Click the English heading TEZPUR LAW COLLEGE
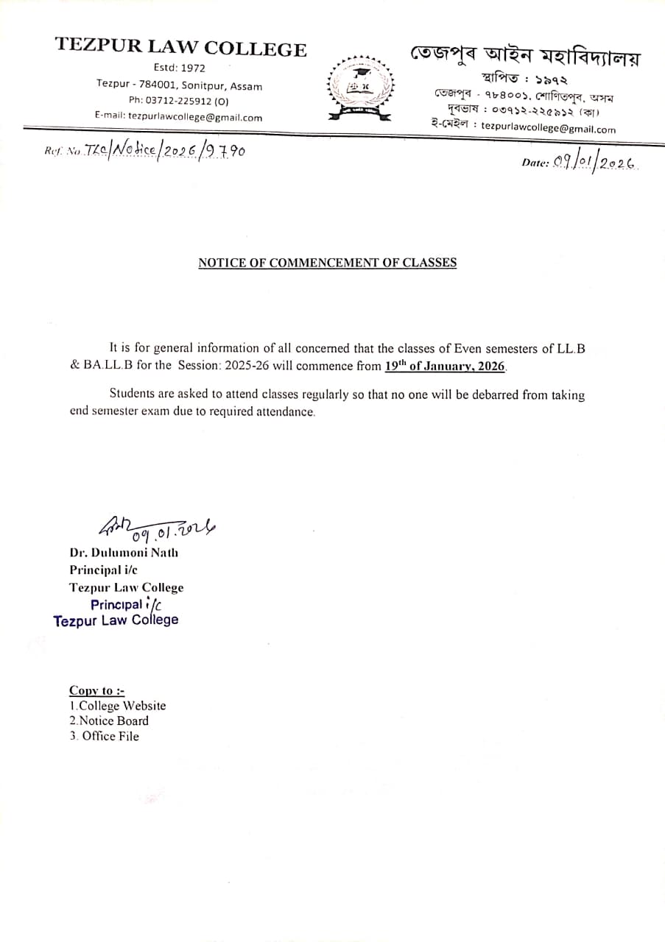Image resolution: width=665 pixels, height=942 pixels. pos(180,49)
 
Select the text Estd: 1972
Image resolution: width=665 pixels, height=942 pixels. pos(180,68)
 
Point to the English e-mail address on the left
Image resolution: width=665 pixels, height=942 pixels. pos(194,116)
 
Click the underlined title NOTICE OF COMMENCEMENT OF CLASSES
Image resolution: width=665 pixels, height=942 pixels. pos(327,263)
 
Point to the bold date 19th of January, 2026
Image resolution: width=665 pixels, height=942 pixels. pos(446,365)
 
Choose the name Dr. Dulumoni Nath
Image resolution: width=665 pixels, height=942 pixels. pos(124,552)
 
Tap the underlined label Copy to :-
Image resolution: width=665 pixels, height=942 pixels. pos(96,690)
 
